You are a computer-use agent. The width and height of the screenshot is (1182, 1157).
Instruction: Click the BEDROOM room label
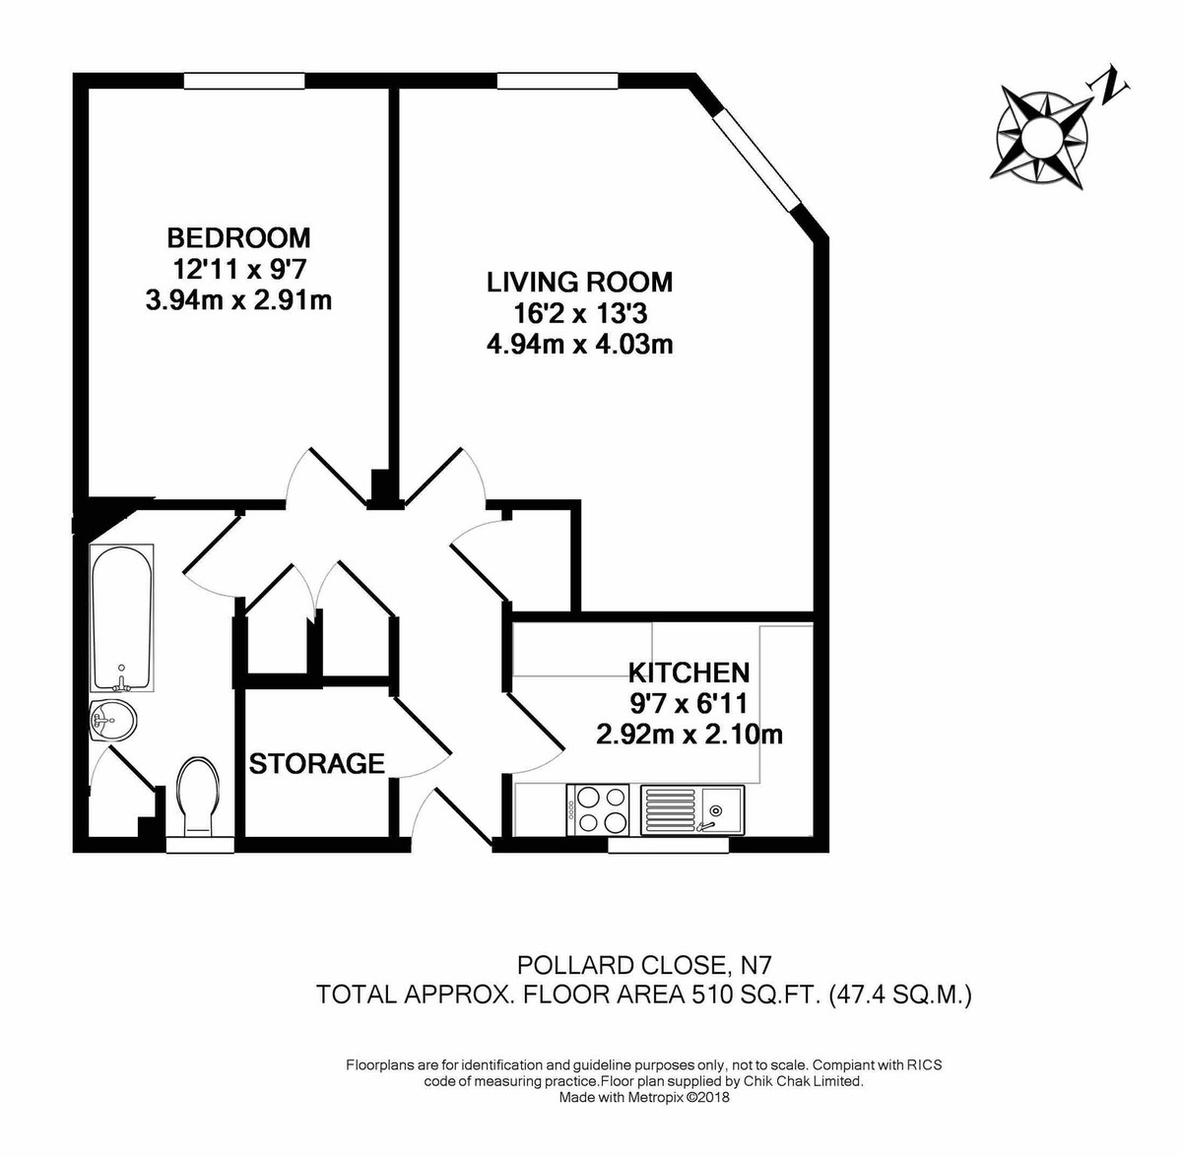[x=238, y=237]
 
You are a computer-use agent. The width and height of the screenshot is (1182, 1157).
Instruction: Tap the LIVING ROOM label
[x=579, y=283]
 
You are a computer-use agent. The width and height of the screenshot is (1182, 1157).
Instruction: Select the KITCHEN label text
[x=689, y=674]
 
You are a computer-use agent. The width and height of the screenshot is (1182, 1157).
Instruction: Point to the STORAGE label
[x=316, y=763]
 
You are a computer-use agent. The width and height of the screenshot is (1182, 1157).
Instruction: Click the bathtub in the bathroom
[x=121, y=617]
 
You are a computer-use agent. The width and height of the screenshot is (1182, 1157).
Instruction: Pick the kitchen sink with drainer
[x=693, y=809]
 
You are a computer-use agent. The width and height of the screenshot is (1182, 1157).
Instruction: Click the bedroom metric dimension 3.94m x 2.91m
[x=238, y=299]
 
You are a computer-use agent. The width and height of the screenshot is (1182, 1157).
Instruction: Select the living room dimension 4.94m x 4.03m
[x=579, y=345]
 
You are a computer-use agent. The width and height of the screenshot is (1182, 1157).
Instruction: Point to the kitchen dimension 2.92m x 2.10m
[x=689, y=735]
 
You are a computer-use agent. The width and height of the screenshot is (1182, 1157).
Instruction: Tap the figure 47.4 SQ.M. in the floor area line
[x=901, y=996]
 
